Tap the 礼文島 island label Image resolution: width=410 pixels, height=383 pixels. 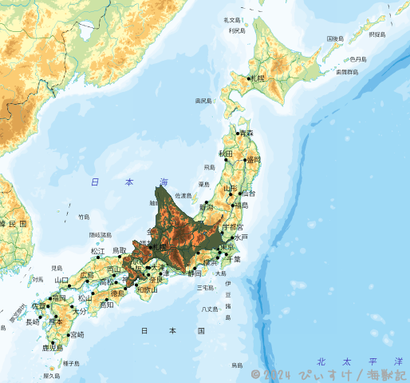click(x=232, y=19)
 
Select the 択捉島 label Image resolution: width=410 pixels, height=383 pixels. click(x=376, y=34)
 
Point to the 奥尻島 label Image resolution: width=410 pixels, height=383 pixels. click(x=203, y=101)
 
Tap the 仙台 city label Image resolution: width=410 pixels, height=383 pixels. click(x=248, y=193)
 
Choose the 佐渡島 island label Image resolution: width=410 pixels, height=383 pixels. click(x=184, y=195)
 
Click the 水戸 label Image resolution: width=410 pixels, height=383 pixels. click(x=242, y=237)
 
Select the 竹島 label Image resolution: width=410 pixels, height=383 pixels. click(x=84, y=217)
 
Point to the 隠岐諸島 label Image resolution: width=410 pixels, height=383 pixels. click(x=101, y=235)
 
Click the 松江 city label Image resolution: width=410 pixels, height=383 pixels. click(x=97, y=251)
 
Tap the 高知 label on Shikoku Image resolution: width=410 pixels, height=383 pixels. click(x=106, y=305)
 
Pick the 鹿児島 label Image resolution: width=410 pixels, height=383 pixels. click(x=52, y=348)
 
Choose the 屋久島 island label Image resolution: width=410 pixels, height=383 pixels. click(x=51, y=375)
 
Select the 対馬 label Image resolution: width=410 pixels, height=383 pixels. click(x=37, y=279)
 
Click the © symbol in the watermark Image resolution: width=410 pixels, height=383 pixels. click(x=255, y=373)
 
